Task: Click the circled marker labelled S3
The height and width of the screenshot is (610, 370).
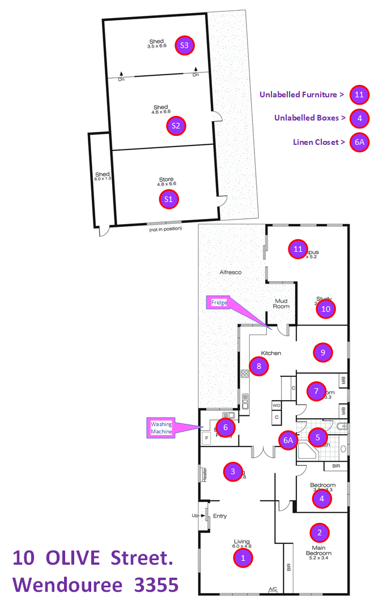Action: point(184,45)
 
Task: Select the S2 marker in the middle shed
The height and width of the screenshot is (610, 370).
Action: point(176,125)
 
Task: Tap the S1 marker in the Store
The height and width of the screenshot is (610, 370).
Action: point(168,199)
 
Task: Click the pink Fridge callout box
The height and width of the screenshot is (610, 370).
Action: point(219,303)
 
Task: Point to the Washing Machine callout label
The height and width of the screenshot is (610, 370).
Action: point(161,428)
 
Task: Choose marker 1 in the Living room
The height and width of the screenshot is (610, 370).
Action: point(243,557)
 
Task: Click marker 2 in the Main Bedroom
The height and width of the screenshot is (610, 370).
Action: point(320,532)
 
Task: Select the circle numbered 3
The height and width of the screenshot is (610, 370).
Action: point(233,471)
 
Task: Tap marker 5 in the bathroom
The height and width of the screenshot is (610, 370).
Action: point(318,437)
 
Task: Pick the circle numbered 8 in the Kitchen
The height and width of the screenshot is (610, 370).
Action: point(259,366)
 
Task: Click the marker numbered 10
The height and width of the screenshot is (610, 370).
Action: point(326,309)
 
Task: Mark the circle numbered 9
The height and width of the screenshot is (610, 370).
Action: point(322,352)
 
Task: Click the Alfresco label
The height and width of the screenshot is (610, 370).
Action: point(231,272)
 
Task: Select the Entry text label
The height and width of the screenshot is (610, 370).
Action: point(219,516)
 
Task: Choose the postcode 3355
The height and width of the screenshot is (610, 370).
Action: point(156,585)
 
